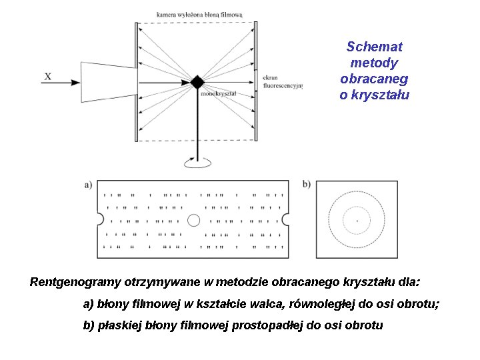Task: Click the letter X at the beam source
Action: (x=47, y=77)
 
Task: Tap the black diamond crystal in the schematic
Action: (x=197, y=81)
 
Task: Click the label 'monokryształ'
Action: (x=218, y=94)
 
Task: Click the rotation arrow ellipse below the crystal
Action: (x=197, y=162)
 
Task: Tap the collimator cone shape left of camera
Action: (x=107, y=81)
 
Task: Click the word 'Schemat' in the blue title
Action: (x=374, y=47)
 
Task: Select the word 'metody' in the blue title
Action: (x=374, y=63)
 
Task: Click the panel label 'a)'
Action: (x=88, y=185)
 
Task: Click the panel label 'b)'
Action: (x=306, y=184)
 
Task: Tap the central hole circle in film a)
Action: (x=194, y=219)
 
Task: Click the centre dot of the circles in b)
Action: (x=357, y=219)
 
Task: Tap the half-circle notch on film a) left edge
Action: (x=100, y=219)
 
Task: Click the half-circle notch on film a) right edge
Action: (x=287, y=219)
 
